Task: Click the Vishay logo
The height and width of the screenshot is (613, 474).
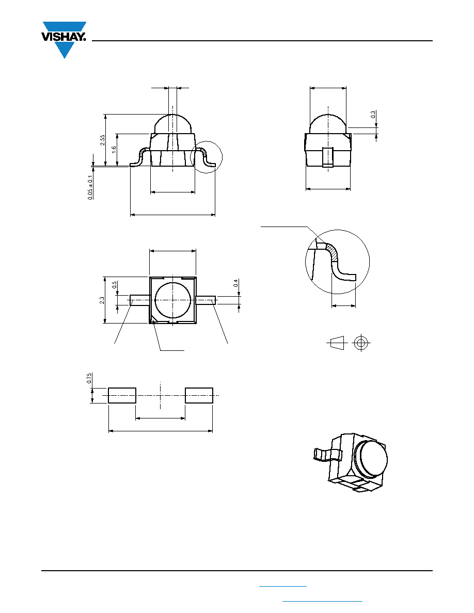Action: pos(64,39)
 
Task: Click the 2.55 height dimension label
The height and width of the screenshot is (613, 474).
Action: pos(102,140)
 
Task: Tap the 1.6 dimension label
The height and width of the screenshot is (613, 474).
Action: pos(114,150)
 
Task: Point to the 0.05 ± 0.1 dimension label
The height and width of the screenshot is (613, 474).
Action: pos(90,187)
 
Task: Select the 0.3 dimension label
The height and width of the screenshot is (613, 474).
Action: pos(373,115)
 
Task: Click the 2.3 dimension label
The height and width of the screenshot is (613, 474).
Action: pos(102,300)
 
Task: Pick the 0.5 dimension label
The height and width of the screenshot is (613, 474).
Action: pos(114,285)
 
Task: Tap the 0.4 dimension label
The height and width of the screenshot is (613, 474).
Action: pos(235,283)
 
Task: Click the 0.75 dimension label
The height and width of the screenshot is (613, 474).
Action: pos(89,378)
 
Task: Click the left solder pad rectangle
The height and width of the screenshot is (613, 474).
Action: pos(122,395)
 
